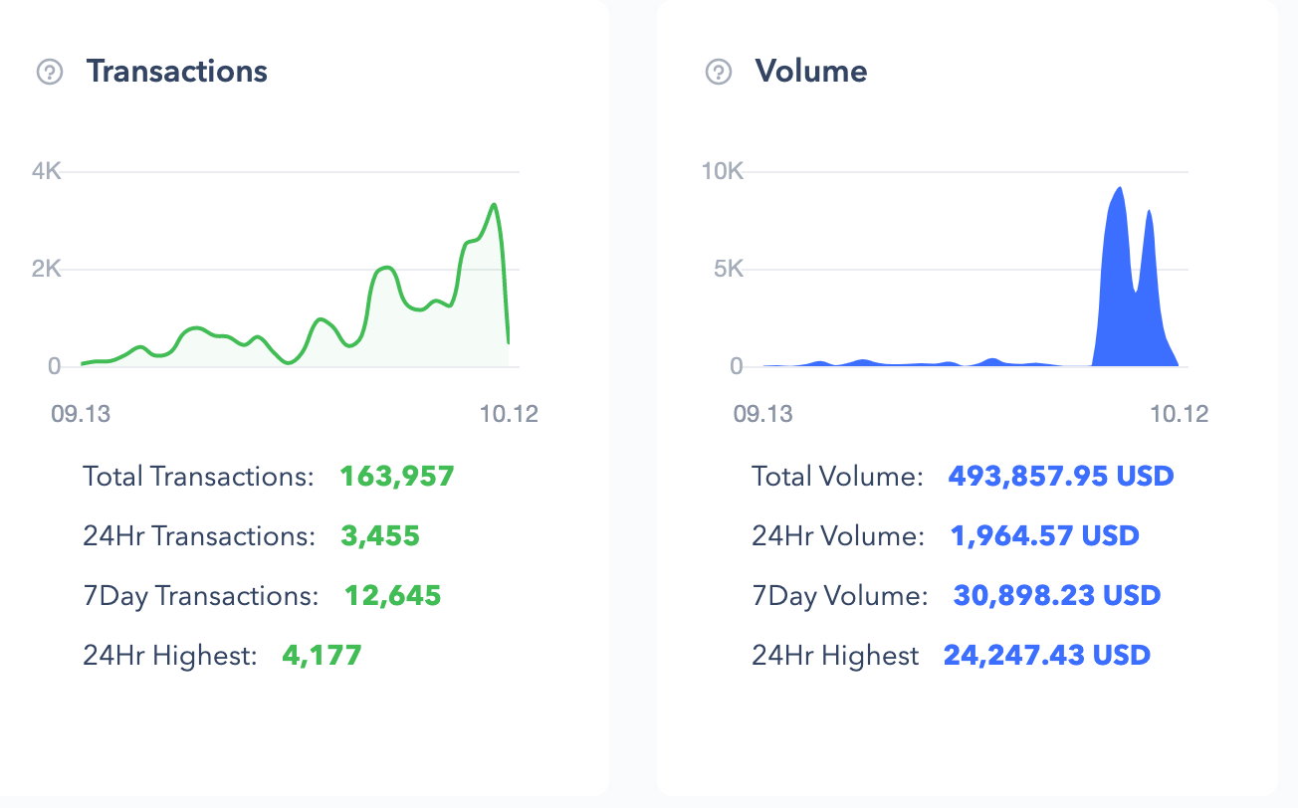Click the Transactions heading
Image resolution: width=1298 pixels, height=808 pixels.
pos(177,72)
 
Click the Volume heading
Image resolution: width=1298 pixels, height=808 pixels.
pos(810,72)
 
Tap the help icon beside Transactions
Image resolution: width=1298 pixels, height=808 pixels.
pos(50,72)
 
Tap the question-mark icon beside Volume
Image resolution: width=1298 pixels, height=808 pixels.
pos(719,72)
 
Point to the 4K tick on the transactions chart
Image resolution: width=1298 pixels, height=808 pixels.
pos(47,171)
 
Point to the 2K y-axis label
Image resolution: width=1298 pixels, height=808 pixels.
pos(47,269)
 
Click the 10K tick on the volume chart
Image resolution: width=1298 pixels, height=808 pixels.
pos(722,171)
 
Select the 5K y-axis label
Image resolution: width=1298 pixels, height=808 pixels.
pos(729,269)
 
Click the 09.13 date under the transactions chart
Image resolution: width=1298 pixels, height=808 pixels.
pos(81,414)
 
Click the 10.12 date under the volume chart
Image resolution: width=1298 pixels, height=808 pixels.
pos(1179,414)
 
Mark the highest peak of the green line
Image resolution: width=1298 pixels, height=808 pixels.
pos(494,204)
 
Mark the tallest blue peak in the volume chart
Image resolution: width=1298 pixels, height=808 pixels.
pos(1120,188)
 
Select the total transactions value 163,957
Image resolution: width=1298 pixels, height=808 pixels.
pos(397,476)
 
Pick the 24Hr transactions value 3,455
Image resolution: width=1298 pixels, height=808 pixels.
pos(380,535)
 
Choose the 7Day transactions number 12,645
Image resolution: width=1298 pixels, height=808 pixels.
pos(393,595)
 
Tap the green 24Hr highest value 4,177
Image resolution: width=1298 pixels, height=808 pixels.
pos(322,655)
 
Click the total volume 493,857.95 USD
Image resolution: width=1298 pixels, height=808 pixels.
pos(1061,476)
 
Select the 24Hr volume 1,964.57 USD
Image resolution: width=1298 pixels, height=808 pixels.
pos(1045,535)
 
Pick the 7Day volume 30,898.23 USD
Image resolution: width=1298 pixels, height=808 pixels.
pos(1057,595)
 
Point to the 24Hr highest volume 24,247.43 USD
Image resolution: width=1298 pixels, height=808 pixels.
pos(1047,655)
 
